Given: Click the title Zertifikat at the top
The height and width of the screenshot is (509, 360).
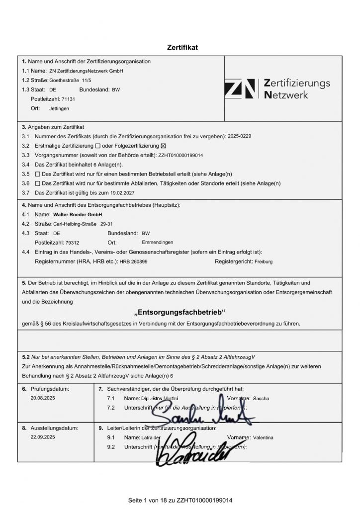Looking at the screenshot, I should click(182, 48).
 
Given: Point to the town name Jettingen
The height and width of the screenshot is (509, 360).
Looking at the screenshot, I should click(60, 108).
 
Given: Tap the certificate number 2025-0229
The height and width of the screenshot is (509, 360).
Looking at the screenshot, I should click(240, 136).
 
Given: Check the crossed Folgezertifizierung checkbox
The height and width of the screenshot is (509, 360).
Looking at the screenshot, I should click(164, 146).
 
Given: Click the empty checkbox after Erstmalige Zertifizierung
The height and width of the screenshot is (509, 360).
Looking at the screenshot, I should click(97, 146).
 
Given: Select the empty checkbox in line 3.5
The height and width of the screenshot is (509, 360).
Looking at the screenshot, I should click(38, 174).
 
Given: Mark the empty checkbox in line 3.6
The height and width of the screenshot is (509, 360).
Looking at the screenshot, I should click(38, 183).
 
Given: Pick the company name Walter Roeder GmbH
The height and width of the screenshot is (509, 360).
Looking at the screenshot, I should click(74, 214).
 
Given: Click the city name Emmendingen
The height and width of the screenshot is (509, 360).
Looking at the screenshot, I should click(157, 242).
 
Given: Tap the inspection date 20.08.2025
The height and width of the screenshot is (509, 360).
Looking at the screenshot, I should click(42, 398).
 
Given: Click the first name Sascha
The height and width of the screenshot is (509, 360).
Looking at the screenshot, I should click(262, 399).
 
